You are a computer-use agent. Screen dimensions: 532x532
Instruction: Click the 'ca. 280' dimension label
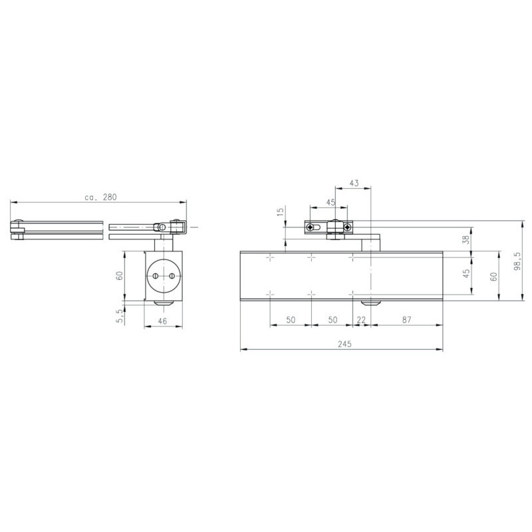pyautogui.click(x=100, y=197)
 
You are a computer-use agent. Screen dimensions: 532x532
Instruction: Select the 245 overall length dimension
pyautogui.click(x=344, y=344)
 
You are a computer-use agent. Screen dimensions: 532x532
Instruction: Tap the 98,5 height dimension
pyautogui.click(x=517, y=261)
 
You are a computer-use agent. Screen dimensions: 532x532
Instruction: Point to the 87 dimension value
pyautogui.click(x=406, y=320)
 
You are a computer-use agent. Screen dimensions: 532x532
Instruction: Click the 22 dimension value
pyautogui.click(x=361, y=320)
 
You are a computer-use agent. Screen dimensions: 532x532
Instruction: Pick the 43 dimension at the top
pyautogui.click(x=354, y=184)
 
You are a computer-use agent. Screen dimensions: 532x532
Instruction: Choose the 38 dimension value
pyautogui.click(x=467, y=239)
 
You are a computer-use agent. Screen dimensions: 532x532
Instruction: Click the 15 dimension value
pyautogui.click(x=280, y=211)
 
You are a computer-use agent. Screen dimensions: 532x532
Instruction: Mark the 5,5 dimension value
pyautogui.click(x=120, y=316)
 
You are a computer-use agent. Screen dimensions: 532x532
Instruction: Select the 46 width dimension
pyautogui.click(x=162, y=321)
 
